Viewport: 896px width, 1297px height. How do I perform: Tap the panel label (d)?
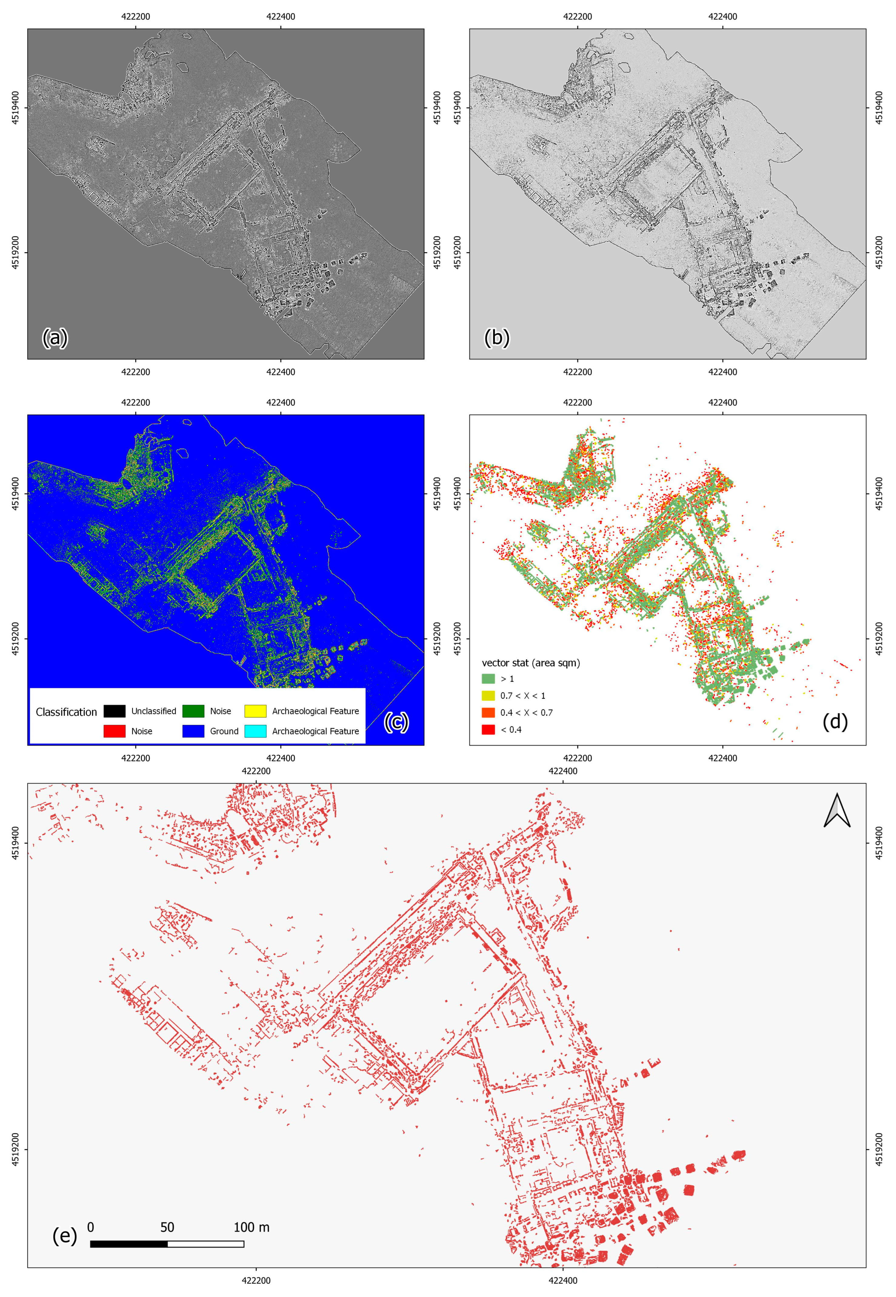coord(835,721)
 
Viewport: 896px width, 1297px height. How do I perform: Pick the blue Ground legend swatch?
coord(193,731)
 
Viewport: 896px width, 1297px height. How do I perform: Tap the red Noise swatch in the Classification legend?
coord(115,731)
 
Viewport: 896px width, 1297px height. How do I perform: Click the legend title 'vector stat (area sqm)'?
coord(531,663)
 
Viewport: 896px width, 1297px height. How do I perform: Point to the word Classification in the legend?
coord(66,712)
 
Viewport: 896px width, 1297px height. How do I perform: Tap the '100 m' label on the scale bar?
coord(251,1227)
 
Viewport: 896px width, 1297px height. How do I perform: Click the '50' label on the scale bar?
coord(167,1227)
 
